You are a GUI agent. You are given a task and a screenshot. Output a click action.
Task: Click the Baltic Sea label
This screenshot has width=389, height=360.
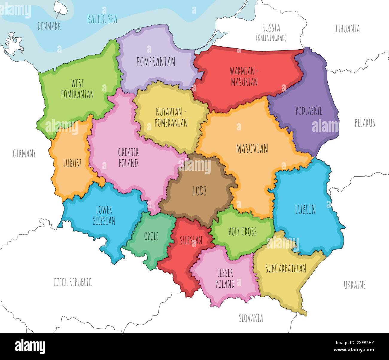click(102, 19)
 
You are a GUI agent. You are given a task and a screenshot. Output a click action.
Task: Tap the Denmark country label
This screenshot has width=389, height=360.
click(49, 26)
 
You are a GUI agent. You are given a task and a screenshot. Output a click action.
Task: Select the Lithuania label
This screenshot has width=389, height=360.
click(346, 29)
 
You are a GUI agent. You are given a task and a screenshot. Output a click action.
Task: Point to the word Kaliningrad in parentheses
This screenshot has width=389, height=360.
click(271, 38)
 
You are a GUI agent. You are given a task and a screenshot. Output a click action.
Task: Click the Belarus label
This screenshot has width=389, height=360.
click(364, 123)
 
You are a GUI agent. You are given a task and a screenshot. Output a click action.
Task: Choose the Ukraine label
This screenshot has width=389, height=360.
click(355, 285)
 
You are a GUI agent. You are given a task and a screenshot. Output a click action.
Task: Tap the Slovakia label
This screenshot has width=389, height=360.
click(251, 318)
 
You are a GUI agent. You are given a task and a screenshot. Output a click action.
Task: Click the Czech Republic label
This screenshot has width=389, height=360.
click(73, 282)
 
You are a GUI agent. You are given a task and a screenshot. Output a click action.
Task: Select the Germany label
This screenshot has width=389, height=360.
click(24, 154)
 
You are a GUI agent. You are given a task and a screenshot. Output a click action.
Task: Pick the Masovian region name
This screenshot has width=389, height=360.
click(252, 149)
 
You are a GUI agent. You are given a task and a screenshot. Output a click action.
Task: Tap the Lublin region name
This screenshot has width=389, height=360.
click(305, 210)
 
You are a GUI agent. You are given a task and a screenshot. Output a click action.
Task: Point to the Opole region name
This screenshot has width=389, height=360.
click(151, 236)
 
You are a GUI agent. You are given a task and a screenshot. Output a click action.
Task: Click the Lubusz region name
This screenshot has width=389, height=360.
click(72, 164)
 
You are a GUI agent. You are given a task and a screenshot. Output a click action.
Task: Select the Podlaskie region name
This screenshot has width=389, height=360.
click(309, 111)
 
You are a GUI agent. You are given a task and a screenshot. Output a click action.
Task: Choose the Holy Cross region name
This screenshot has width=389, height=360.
click(242, 231)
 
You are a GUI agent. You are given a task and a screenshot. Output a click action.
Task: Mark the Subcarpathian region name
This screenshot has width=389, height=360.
click(286, 269)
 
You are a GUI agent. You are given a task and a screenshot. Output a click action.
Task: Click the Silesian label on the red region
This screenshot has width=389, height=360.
click(191, 240)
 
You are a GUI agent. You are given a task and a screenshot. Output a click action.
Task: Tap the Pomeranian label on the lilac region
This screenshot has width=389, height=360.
click(156, 62)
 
